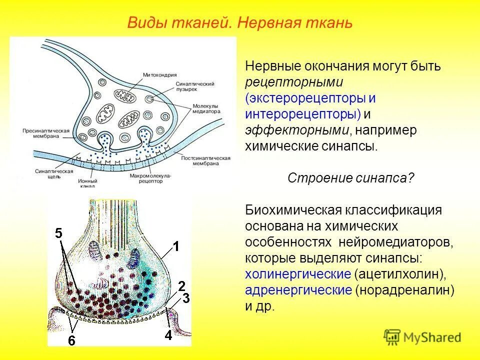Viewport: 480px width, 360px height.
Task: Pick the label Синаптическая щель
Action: pyautogui.click(x=48, y=173)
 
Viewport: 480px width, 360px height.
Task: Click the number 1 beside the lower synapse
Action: pyautogui.click(x=175, y=246)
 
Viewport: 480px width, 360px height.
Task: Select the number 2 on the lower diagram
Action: pyautogui.click(x=182, y=285)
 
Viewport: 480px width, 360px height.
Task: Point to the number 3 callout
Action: pyautogui.click(x=185, y=298)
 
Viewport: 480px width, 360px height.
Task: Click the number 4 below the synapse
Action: pyautogui.click(x=168, y=335)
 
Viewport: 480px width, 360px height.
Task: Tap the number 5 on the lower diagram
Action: pyautogui.click(x=59, y=233)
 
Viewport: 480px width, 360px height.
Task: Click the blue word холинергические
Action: pyautogui.click(x=297, y=274)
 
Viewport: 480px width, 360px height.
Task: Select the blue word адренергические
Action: pyautogui.click(x=298, y=290)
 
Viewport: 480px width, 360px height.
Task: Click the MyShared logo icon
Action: pyautogui.click(x=393, y=336)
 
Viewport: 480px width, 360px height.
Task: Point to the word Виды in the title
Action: pyautogui.click(x=144, y=23)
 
